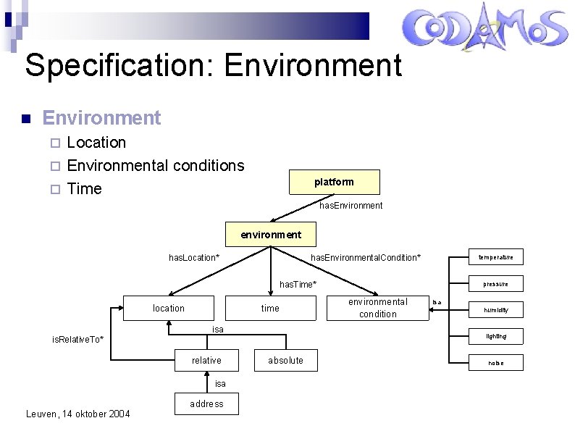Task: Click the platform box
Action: point(334,182)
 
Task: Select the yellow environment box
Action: point(271,235)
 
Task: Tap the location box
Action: point(169,308)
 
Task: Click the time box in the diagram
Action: point(270,308)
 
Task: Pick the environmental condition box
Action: point(378,308)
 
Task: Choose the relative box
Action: point(206,360)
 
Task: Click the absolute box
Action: point(286,360)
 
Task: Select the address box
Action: point(206,403)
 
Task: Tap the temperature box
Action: point(496,257)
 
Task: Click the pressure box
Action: point(496,283)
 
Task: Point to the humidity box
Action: point(496,310)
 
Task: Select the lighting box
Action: point(496,336)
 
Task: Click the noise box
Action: point(496,362)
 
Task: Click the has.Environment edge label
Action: point(351,206)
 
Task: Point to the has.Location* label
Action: point(194,258)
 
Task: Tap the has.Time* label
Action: point(298,284)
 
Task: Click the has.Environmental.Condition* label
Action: point(365,258)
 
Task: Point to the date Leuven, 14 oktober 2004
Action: point(78,414)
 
